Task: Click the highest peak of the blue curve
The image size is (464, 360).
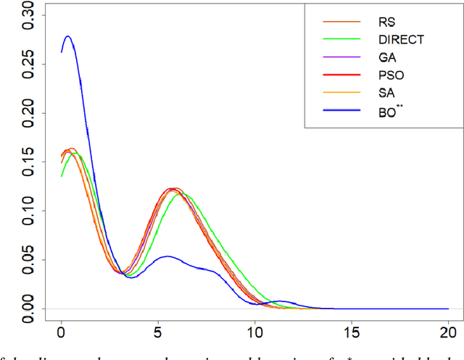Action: (68, 36)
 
